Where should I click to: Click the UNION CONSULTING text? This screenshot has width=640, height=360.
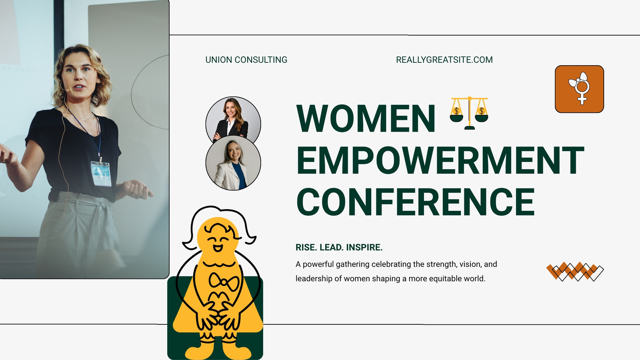point(246,60)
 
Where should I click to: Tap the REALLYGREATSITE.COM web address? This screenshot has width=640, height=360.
point(444,60)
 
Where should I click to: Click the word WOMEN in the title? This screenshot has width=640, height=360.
point(366,118)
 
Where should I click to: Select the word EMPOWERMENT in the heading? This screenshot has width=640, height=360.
point(440,160)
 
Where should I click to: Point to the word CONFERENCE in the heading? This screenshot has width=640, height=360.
point(416,202)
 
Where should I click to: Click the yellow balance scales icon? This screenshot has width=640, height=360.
point(469,113)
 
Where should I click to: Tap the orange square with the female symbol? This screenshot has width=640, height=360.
point(580,89)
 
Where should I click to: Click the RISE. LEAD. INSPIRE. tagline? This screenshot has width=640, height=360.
point(339,248)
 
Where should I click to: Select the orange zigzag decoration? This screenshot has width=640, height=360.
point(575,272)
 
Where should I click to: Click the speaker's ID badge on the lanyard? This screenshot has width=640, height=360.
point(101,174)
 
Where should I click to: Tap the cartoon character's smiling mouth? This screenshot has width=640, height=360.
point(218,248)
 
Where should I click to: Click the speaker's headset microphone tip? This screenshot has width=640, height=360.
point(68,90)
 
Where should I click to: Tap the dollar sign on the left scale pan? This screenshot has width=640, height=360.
point(456,111)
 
